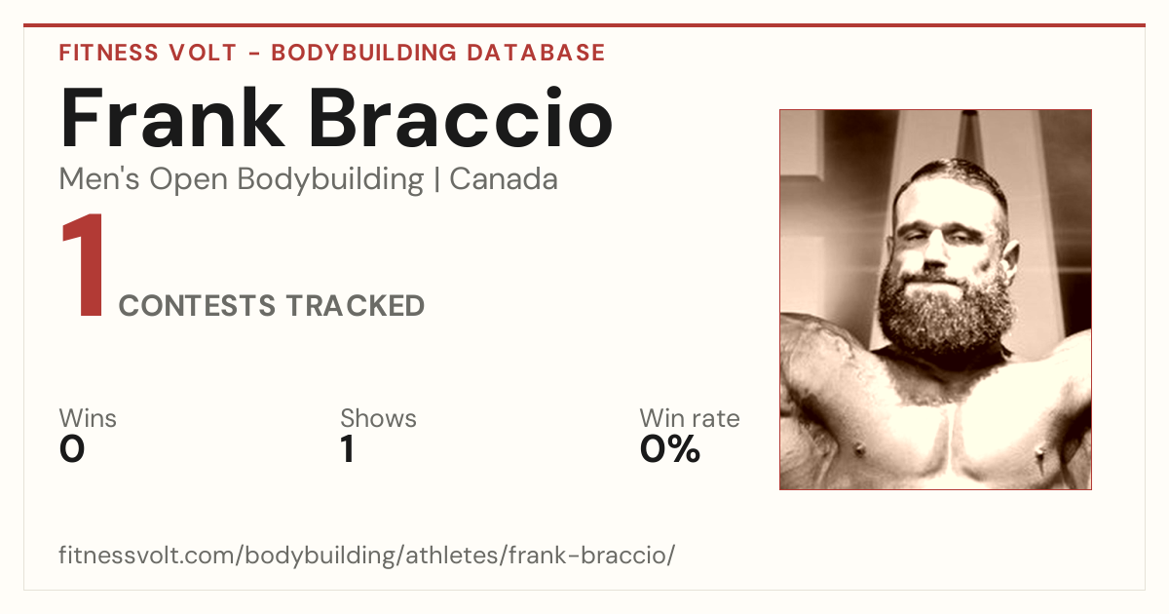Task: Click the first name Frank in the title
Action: click(172, 118)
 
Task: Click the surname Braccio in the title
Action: click(461, 117)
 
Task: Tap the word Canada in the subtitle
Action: click(504, 179)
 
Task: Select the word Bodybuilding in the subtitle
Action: click(330, 180)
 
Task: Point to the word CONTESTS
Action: click(197, 306)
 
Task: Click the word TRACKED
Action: click(356, 306)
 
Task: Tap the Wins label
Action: click(88, 418)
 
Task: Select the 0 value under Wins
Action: click(72, 449)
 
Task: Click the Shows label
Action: click(378, 418)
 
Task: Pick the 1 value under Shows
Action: click(348, 449)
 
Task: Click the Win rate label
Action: click(690, 418)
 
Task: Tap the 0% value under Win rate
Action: click(670, 449)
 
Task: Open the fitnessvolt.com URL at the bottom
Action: click(367, 555)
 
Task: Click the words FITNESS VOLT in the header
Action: click(148, 53)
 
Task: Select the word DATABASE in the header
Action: click(536, 53)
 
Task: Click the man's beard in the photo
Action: click(946, 313)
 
